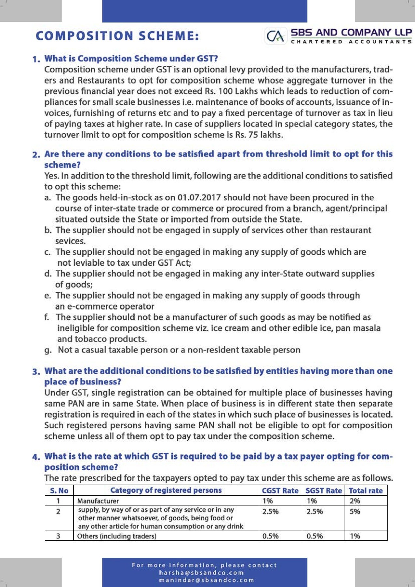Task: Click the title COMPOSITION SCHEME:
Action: point(117,36)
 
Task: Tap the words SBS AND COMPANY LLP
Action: point(351,32)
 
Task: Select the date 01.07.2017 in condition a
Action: point(199,198)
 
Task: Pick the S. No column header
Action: point(59,490)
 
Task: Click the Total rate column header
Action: point(365,490)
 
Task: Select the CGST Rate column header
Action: point(280,490)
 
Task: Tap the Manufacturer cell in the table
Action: point(98,501)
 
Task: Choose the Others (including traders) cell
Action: point(117,536)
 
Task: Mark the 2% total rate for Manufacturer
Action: point(355,501)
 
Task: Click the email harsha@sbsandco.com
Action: point(201,573)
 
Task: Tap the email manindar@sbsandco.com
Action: point(206,580)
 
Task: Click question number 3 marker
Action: point(36,372)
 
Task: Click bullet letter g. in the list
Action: point(48,350)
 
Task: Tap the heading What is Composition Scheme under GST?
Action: point(131,59)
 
